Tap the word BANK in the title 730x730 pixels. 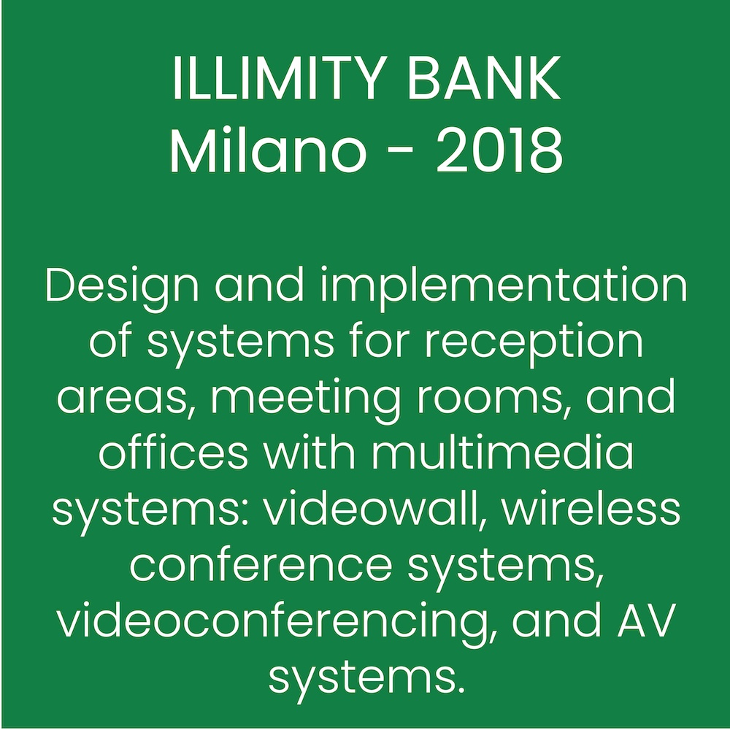point(484,79)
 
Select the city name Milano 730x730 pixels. point(268,150)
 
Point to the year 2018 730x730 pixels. point(499,150)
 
